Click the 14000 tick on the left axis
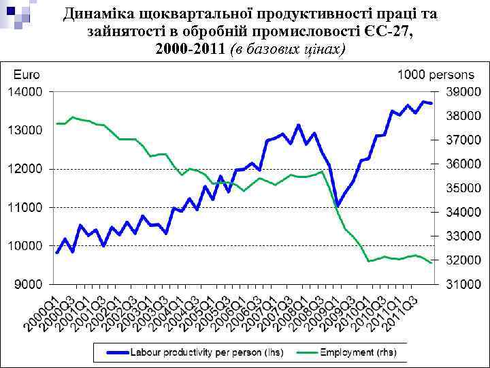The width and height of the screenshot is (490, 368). (x=25, y=91)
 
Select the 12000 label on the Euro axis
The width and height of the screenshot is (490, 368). (x=25, y=168)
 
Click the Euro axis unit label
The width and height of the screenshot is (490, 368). (x=24, y=74)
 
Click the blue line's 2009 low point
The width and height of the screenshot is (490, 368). (x=337, y=204)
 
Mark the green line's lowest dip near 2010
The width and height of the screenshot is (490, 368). (x=368, y=261)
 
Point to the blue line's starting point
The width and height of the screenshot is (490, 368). (x=57, y=252)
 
